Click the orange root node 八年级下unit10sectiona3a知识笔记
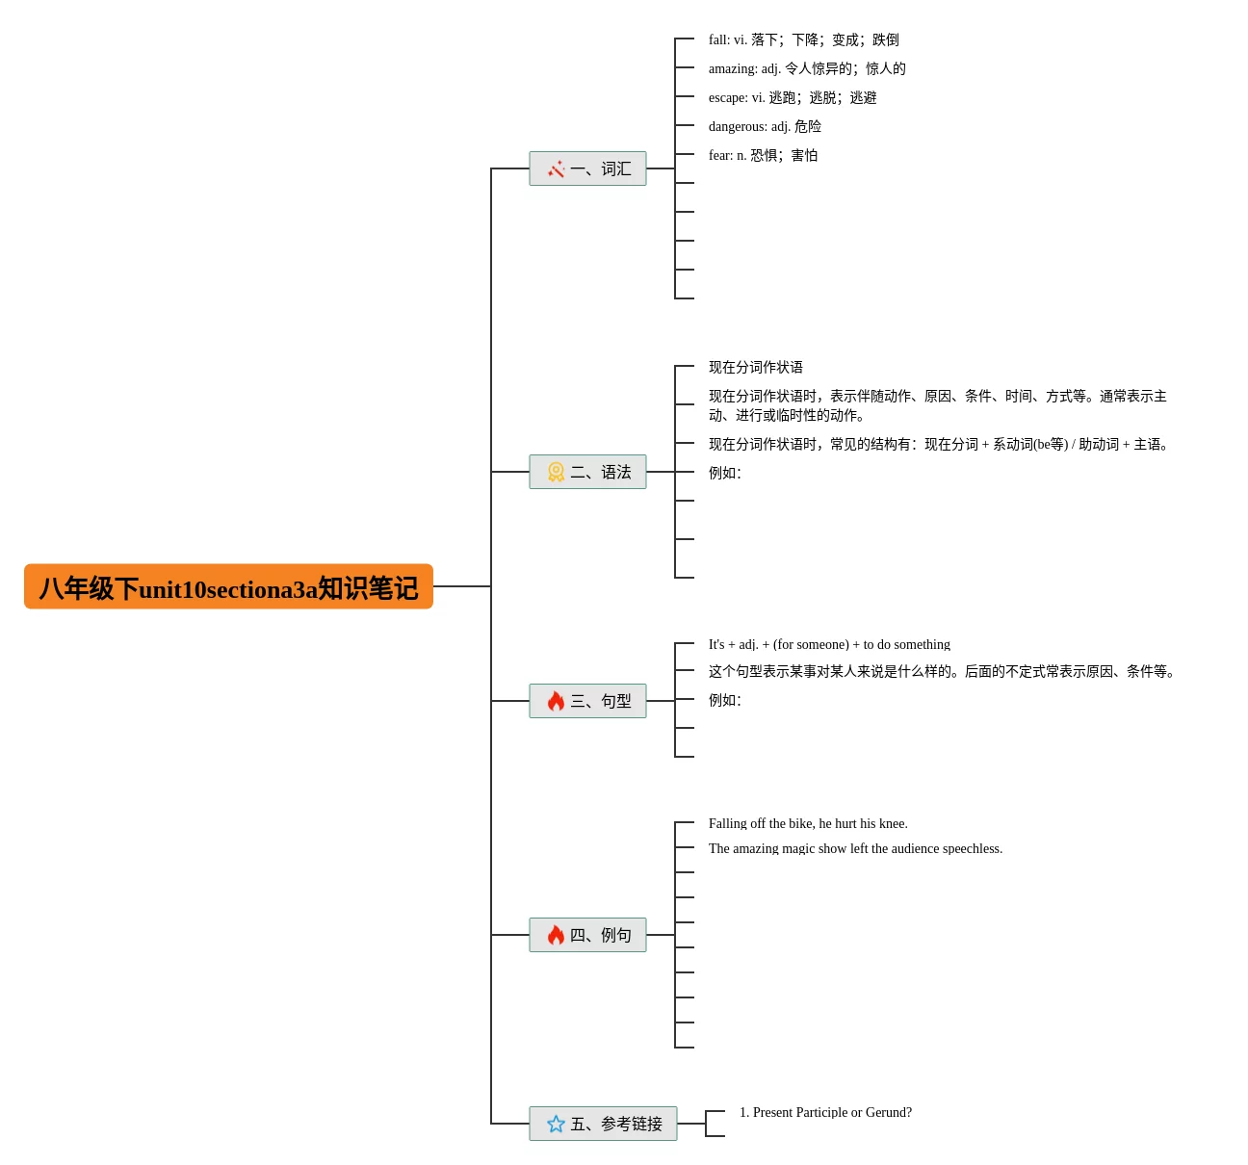pyautogui.click(x=228, y=587)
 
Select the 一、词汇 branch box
pyautogui.click(x=587, y=168)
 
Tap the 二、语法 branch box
pyautogui.click(x=587, y=472)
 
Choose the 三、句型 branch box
pyautogui.click(x=587, y=701)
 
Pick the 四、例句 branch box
pyautogui.click(x=587, y=935)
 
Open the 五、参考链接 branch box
pyautogui.click(x=603, y=1124)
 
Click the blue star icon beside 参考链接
pyautogui.click(x=556, y=1124)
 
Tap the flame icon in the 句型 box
pyautogui.click(x=556, y=701)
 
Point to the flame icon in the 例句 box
pyautogui.click(x=556, y=935)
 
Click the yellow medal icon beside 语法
pyautogui.click(x=556, y=472)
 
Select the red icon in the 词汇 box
pyautogui.click(x=556, y=169)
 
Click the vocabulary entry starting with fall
pyautogui.click(x=803, y=39)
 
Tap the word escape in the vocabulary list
pyautogui.click(x=728, y=97)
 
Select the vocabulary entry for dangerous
pyautogui.click(x=765, y=126)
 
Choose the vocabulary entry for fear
pyautogui.click(x=763, y=155)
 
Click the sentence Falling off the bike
pyautogui.click(x=808, y=823)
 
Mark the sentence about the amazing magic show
pyautogui.click(x=855, y=848)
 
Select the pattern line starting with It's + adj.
pyautogui.click(x=829, y=644)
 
